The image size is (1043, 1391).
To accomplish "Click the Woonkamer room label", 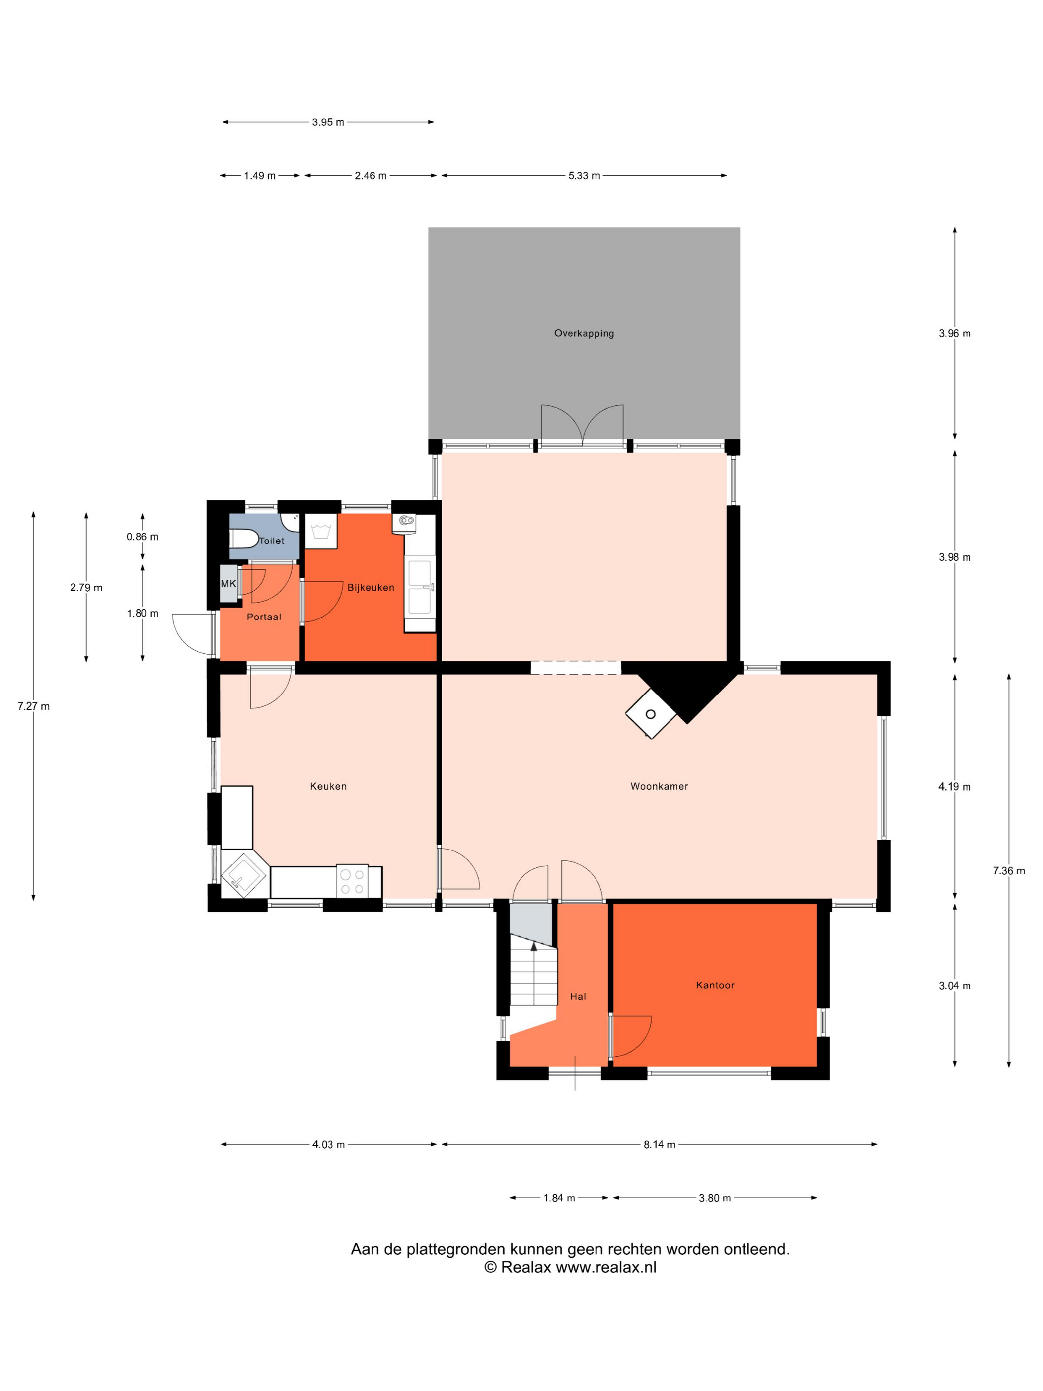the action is coord(659,786).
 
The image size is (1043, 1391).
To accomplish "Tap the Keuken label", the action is coord(328,786).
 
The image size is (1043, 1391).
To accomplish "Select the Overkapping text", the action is coord(584,333).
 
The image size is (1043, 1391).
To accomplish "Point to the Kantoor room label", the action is coord(715,985).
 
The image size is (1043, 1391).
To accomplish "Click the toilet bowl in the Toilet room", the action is coord(243,539).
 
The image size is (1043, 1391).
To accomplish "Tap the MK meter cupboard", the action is coord(228,584).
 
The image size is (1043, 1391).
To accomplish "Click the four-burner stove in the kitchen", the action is coord(352,881).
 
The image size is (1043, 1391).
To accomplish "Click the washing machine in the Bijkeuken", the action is coord(321,532).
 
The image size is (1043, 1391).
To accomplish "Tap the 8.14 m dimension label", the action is coord(660,1144).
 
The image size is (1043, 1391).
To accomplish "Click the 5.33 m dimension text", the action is coord(584,175).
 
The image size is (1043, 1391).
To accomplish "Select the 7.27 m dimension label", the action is coord(33,706).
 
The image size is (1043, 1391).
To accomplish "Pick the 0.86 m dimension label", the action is coord(142,537).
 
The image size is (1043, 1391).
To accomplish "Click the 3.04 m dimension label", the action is coord(955,986).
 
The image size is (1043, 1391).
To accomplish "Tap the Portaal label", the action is coord(263,617).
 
